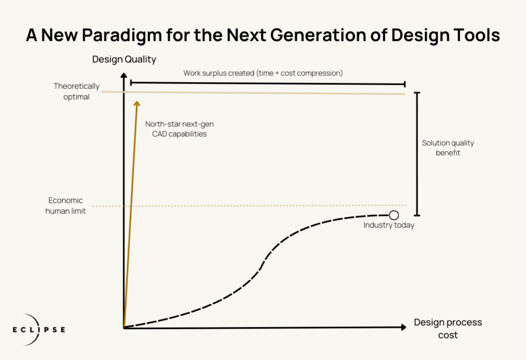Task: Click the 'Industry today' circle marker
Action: pos(394,215)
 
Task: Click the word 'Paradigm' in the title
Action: pos(122,35)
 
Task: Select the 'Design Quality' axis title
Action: pos(124,60)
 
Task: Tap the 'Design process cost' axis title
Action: pos(448,329)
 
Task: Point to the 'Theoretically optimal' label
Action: pos(77,91)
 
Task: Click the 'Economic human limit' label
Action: pos(65,205)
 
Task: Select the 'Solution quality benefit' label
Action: pos(448,147)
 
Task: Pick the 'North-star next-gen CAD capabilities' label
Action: pos(179,129)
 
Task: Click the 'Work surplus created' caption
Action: pos(263,73)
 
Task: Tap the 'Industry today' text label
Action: pos(389,225)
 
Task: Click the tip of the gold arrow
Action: pos(137,101)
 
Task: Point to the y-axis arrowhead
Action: pos(124,75)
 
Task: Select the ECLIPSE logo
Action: pos(39,330)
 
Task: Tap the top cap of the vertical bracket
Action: pos(417,92)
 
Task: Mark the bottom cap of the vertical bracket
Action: pos(417,215)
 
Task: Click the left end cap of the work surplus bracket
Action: pos(131,83)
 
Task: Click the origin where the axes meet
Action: pos(124,328)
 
